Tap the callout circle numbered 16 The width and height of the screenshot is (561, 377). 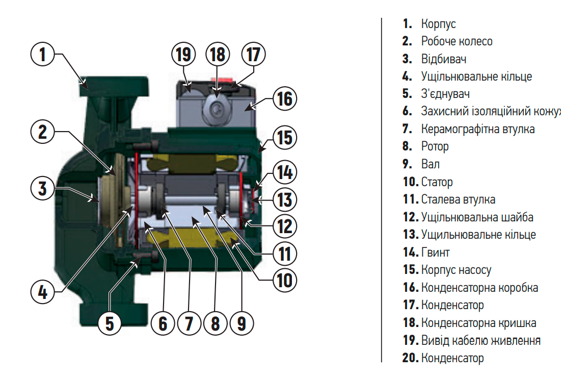pos(284,98)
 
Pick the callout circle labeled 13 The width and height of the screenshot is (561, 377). pos(284,199)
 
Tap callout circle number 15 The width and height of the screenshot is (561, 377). pos(284,138)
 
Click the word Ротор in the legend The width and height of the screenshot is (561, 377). pos(435,147)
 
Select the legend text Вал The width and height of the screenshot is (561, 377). pos(430,164)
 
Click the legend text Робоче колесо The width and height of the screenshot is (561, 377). pos(457,41)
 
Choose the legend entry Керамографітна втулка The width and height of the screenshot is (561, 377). pos(477,129)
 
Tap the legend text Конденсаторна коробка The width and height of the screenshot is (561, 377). pos(479,288)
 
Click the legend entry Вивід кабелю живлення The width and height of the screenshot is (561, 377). pos(480,340)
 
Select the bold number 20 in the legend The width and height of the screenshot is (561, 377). pos(410,358)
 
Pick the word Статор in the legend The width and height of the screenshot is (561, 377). pos(437,182)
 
